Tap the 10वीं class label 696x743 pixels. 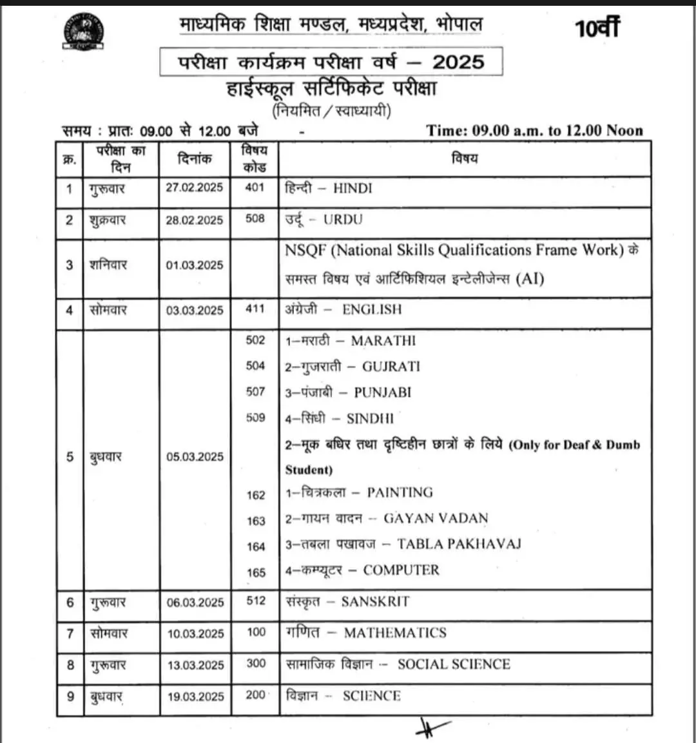[x=597, y=28]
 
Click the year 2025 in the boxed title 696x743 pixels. [x=458, y=62]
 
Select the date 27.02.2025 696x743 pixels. [x=194, y=188]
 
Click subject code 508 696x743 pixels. [x=255, y=218]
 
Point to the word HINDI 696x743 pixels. [x=353, y=188]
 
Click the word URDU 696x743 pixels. [x=343, y=219]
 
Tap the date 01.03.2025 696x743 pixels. [x=194, y=265]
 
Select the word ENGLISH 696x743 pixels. [x=372, y=309]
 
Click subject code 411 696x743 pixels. [x=255, y=309]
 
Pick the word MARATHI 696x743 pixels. [x=383, y=340]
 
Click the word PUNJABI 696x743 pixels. [x=382, y=392]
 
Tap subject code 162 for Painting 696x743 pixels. [x=256, y=495]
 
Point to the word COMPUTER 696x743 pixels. [x=401, y=570]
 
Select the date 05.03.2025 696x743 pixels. [x=195, y=456]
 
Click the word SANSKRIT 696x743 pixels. [x=375, y=601]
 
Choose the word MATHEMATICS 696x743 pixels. [x=395, y=633]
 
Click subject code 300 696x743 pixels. [x=256, y=663]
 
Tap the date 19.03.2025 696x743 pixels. [x=195, y=697]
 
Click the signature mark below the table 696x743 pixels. [x=430, y=728]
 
